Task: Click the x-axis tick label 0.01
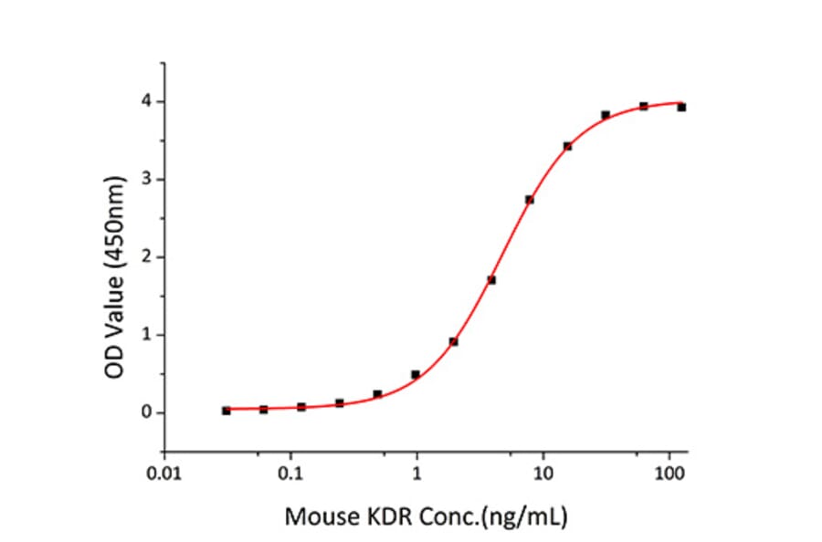(x=164, y=474)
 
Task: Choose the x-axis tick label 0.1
(x=290, y=474)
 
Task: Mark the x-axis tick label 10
(x=543, y=474)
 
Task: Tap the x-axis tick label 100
(x=670, y=474)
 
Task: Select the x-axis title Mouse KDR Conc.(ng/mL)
(x=426, y=518)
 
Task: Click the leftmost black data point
(x=227, y=411)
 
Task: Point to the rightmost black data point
(x=681, y=107)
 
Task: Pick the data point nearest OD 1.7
(x=491, y=280)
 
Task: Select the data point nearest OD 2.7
(x=529, y=200)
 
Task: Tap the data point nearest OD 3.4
(x=567, y=146)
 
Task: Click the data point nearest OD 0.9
(x=453, y=341)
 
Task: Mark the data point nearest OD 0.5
(x=416, y=374)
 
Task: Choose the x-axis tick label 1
(x=417, y=474)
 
